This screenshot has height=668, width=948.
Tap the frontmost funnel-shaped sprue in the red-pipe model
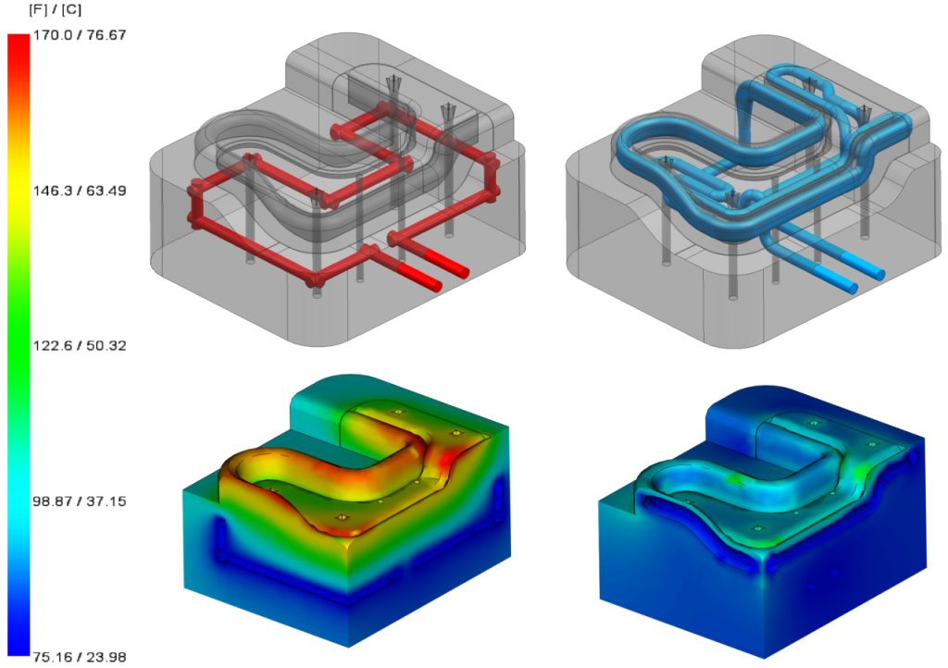pos(318,197)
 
